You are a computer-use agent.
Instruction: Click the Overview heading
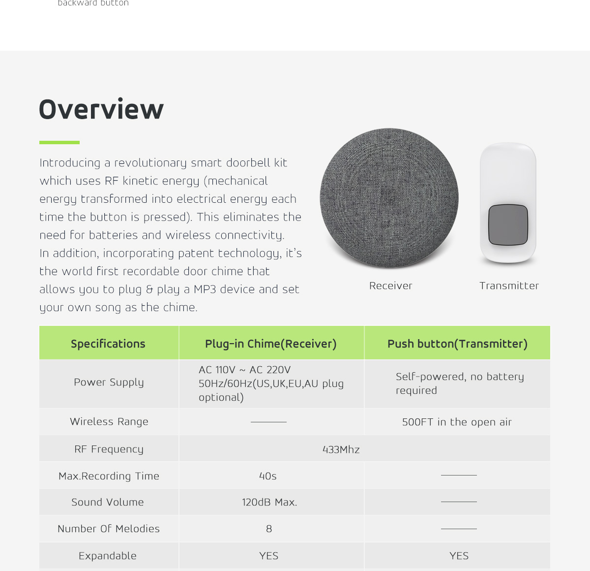tap(101, 109)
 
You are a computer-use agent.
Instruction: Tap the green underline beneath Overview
tap(59, 142)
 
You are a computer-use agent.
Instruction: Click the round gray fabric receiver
tap(389, 198)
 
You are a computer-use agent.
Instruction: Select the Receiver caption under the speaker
tap(391, 286)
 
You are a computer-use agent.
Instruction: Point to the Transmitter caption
tap(509, 286)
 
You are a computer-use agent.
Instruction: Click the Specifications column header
tap(108, 344)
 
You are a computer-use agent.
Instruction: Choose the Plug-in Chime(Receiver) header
tap(271, 344)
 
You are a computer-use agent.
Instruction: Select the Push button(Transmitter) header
tap(457, 344)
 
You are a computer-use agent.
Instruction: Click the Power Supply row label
tap(109, 382)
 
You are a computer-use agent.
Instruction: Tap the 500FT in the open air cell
tap(457, 422)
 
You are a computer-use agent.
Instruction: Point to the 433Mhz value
tap(341, 449)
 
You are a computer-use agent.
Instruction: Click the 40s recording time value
tap(268, 476)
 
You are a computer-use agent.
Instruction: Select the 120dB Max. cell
tap(269, 503)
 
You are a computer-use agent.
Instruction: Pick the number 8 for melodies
tap(269, 529)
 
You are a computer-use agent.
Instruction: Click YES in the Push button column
tap(459, 556)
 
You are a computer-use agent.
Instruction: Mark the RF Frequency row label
tap(109, 449)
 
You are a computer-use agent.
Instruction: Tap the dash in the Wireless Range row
tap(268, 422)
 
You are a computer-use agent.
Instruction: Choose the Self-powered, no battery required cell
tap(460, 383)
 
